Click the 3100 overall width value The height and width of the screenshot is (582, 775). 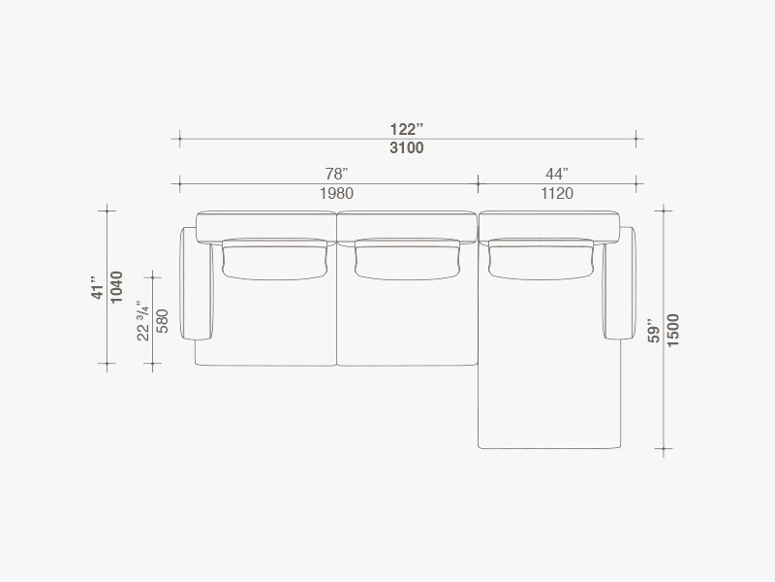pos(406,147)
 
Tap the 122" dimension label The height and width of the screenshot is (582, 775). pos(406,129)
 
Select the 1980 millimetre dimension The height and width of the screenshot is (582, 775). pos(336,193)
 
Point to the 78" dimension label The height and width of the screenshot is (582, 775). pos(336,174)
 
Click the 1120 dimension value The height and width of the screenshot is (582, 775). pos(557,193)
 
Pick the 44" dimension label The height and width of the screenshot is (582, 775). pos(557,174)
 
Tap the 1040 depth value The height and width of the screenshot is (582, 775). pos(116,287)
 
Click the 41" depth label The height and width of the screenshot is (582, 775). pos(99,287)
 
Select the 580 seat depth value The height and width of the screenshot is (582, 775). pos(162,321)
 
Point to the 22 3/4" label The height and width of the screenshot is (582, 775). pos(142,320)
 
